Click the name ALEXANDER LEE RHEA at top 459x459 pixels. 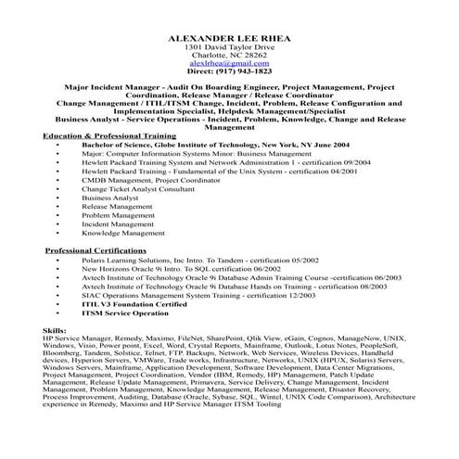pyautogui.click(x=229, y=37)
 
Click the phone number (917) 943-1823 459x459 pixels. pyautogui.click(x=229, y=70)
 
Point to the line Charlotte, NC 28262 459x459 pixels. pyautogui.click(x=229, y=54)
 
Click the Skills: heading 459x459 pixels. pyautogui.click(x=56, y=330)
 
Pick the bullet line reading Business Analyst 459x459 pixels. pyautogui.click(x=109, y=198)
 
